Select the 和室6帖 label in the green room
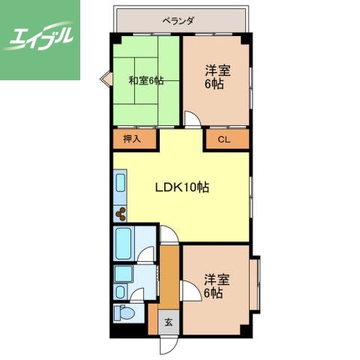tap(146, 81)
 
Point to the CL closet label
tap(223, 139)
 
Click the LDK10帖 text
tap(181, 187)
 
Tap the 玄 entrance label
tap(169, 322)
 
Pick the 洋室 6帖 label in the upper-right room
tap(217, 77)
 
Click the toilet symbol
tap(124, 313)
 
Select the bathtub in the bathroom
tap(125, 241)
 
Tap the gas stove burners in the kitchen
tap(122, 213)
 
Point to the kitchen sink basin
tap(121, 184)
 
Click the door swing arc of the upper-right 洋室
tap(193, 119)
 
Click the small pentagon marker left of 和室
tap(107, 76)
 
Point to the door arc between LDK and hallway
tap(169, 234)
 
